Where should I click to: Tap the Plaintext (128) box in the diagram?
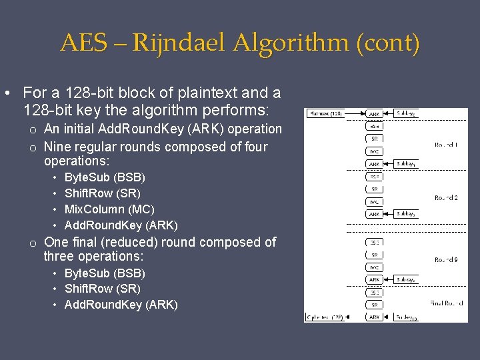(325, 113)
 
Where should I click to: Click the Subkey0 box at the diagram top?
(406, 113)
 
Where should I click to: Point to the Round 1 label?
(445, 145)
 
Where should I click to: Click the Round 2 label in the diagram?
(445, 197)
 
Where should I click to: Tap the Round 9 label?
(445, 259)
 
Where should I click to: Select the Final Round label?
(445, 303)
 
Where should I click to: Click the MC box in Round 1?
(374, 151)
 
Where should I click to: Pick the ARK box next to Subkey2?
(374, 214)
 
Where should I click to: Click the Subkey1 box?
(406, 163)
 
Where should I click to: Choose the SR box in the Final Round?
(374, 305)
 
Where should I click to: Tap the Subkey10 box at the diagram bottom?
(406, 317)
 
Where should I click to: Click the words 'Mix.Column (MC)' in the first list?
(109, 209)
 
